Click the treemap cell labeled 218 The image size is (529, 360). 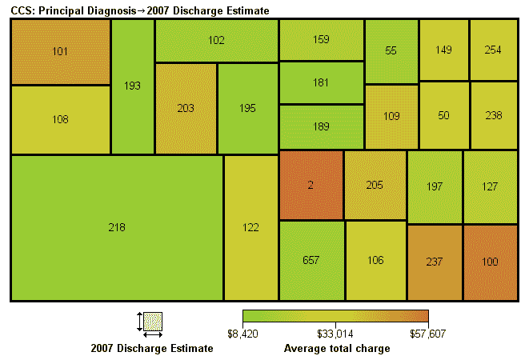(117, 228)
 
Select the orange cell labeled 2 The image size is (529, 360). (311, 185)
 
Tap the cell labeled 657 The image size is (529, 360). (311, 261)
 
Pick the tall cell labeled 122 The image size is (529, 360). (250, 228)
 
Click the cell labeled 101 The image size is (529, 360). (60, 52)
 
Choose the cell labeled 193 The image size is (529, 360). (132, 86)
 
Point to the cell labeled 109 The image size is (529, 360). (391, 116)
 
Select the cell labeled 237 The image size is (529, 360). (435, 262)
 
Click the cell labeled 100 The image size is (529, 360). (491, 262)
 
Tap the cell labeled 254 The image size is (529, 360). (493, 50)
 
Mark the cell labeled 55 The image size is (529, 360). (391, 50)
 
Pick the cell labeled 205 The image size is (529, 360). (375, 185)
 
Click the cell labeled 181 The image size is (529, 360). (321, 82)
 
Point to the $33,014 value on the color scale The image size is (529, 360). (335, 333)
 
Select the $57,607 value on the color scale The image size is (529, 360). (428, 333)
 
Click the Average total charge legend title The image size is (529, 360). (337, 349)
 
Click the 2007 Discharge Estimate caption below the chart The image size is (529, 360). (152, 349)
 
